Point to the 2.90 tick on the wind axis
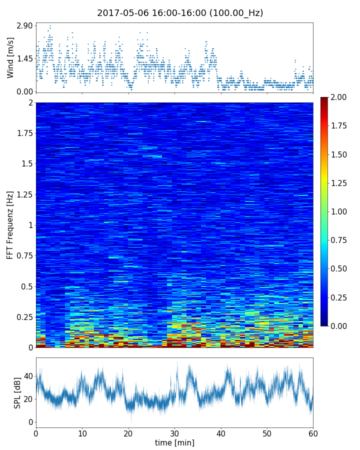[24, 25]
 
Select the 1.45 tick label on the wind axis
[24, 58]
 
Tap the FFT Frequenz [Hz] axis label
[10, 225]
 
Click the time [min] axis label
[174, 442]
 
